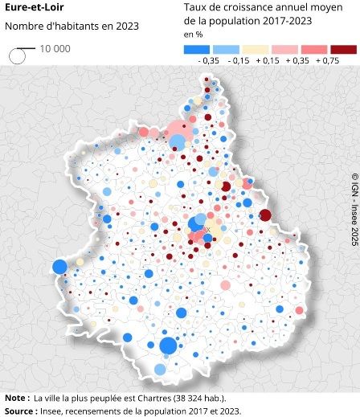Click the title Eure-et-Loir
pyautogui.click(x=29, y=9)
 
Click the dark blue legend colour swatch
pyautogui.click(x=196, y=49)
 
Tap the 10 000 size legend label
pyautogui.click(x=55, y=49)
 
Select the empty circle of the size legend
pyautogui.click(x=17, y=56)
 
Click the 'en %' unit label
pyautogui.click(x=193, y=35)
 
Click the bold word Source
pyautogui.click(x=18, y=411)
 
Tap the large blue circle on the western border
pyautogui.click(x=59, y=267)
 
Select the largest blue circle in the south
pyautogui.click(x=168, y=346)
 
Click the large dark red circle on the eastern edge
pyautogui.click(x=288, y=215)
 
